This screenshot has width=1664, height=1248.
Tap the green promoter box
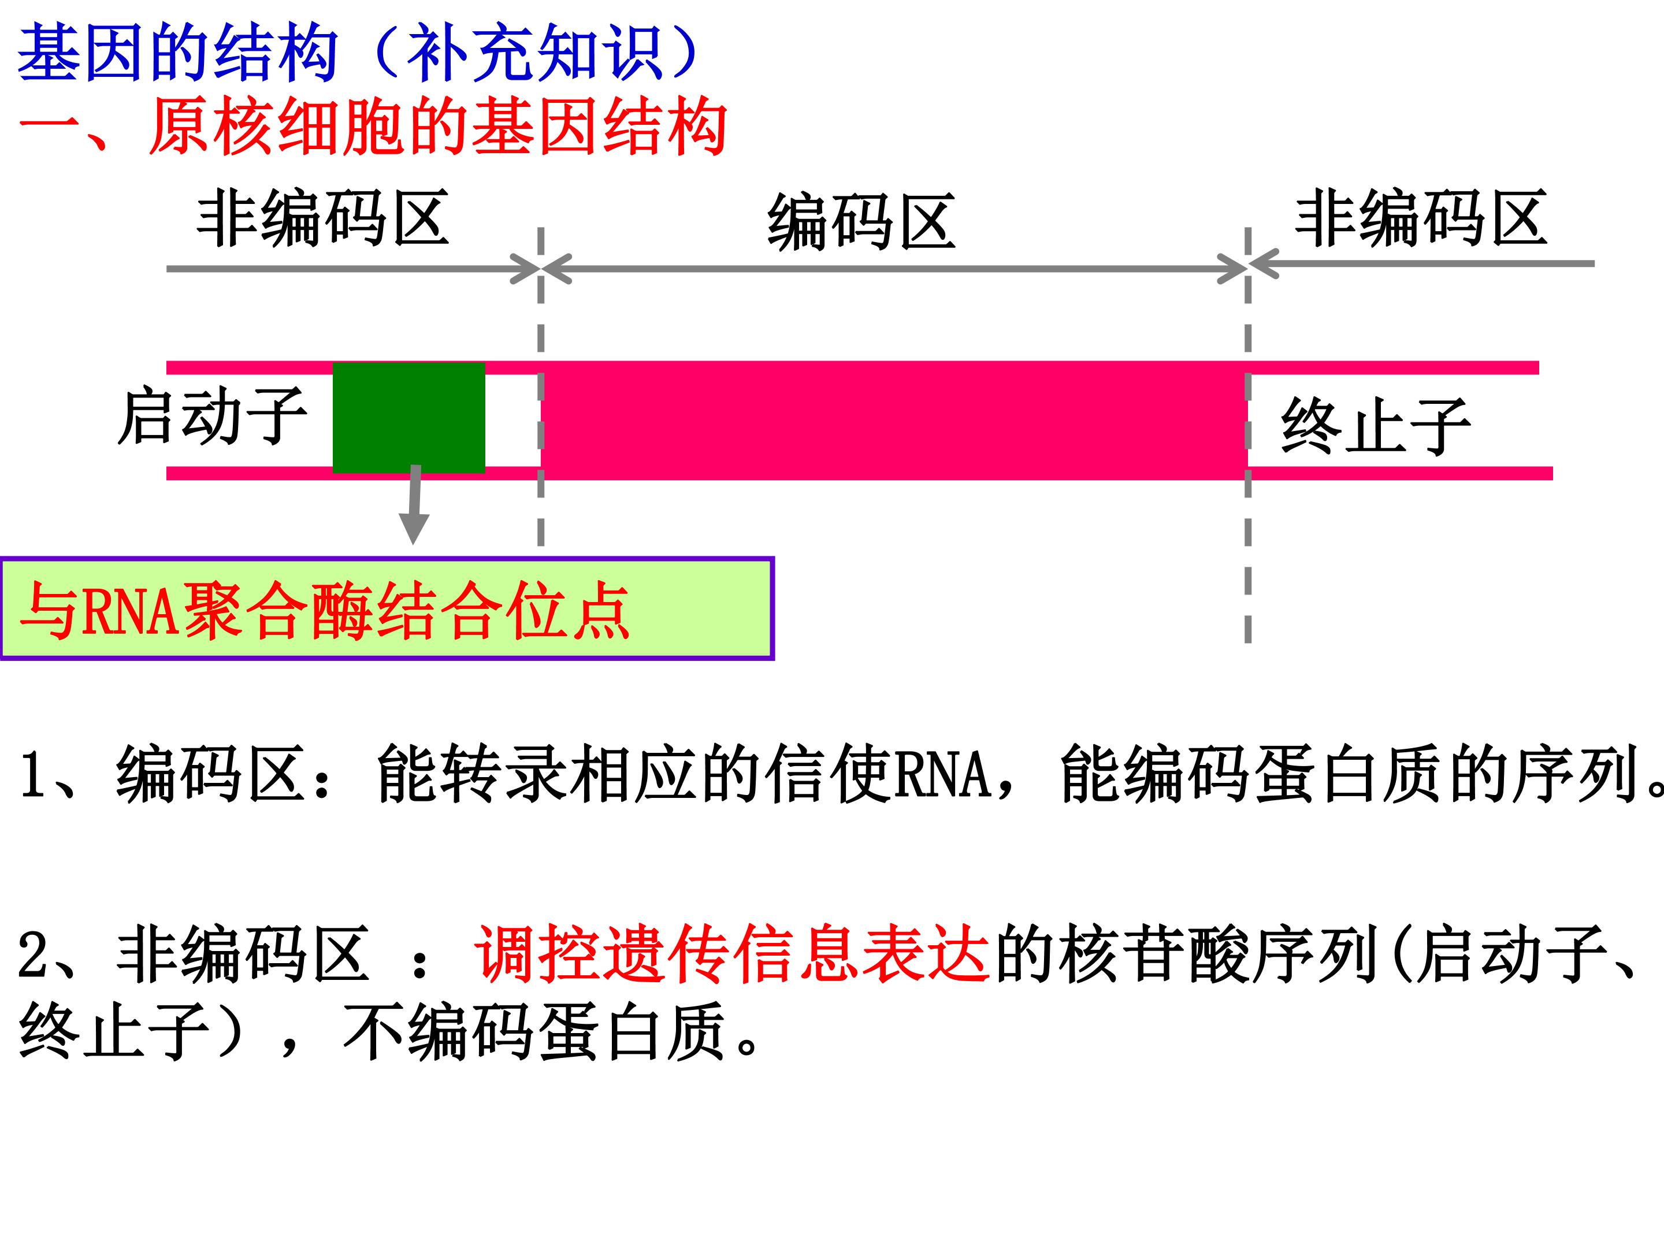point(408,418)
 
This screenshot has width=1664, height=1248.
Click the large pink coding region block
point(894,420)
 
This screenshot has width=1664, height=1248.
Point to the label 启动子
point(212,416)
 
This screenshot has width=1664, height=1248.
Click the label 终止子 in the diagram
point(1375,426)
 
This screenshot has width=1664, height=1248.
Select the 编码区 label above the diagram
point(861,222)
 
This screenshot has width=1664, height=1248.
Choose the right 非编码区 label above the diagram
point(1420,218)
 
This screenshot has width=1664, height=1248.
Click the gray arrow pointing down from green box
point(414,504)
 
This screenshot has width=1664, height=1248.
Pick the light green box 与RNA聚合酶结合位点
point(388,608)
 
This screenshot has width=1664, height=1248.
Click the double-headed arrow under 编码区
point(894,269)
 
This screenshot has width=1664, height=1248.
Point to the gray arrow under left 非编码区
point(354,269)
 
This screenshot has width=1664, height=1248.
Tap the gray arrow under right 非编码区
point(1422,264)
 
